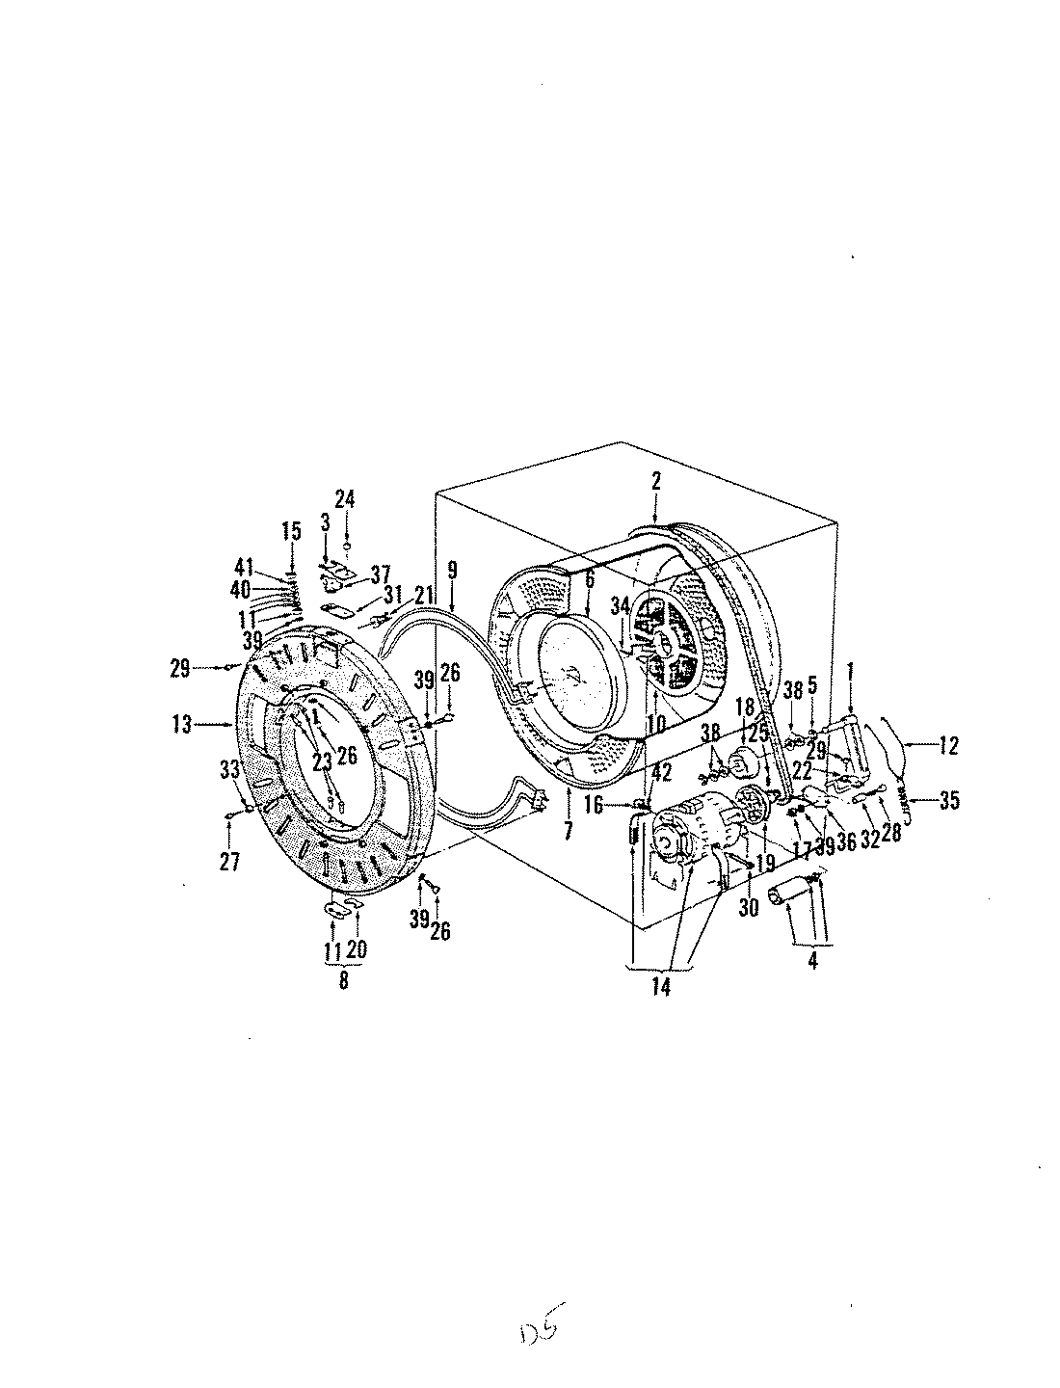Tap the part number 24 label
(x=345, y=498)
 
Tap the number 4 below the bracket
(x=811, y=961)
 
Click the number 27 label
(x=228, y=862)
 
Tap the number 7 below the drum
(x=568, y=830)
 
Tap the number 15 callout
(x=291, y=530)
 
